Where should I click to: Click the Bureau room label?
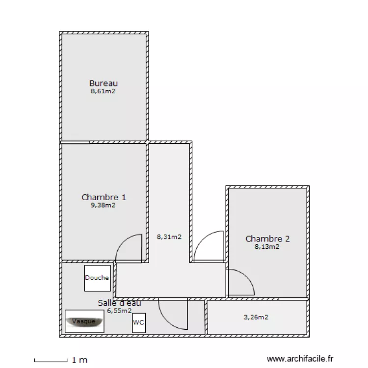coord(104,83)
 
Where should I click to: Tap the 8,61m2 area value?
coord(103,91)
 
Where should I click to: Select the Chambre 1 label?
coord(104,197)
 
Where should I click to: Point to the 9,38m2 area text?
coord(103,205)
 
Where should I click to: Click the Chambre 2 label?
coord(267,239)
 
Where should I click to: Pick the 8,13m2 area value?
coord(267,247)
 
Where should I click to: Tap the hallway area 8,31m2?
coord(169,237)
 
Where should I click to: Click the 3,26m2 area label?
coord(256,317)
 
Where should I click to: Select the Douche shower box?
coord(97,278)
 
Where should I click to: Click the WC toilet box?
coord(138,323)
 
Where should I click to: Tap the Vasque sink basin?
coord(84,321)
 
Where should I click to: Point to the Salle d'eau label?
coord(120,303)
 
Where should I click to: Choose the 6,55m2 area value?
coord(119,311)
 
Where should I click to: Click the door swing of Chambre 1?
coord(129,248)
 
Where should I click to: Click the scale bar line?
coord(51,361)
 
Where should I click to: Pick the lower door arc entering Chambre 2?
coord(240,283)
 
